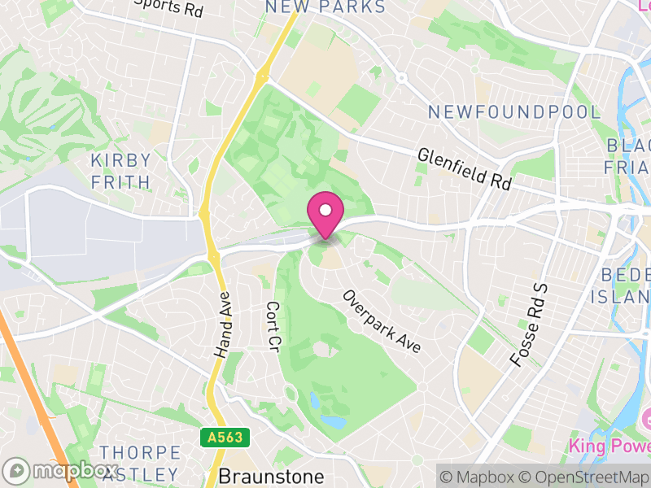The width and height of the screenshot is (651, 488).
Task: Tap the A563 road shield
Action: coord(224,438)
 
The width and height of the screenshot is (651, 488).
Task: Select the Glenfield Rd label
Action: coord(464,169)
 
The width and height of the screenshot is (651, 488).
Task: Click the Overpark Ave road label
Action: coord(382,322)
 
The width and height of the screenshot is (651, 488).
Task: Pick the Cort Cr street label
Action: coord(273,327)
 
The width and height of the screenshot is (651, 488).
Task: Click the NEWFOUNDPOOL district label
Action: coord(514,112)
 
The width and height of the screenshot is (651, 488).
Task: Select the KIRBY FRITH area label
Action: coord(121,171)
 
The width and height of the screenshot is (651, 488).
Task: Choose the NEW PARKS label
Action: coord(325,7)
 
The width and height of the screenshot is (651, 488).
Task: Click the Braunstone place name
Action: coord(270,476)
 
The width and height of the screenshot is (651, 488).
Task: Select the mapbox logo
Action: coord(61,471)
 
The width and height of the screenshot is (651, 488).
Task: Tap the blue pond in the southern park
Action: coord(332,421)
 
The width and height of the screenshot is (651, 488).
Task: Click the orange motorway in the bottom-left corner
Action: coord(33,382)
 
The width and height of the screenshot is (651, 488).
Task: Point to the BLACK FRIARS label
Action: coord(628,156)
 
